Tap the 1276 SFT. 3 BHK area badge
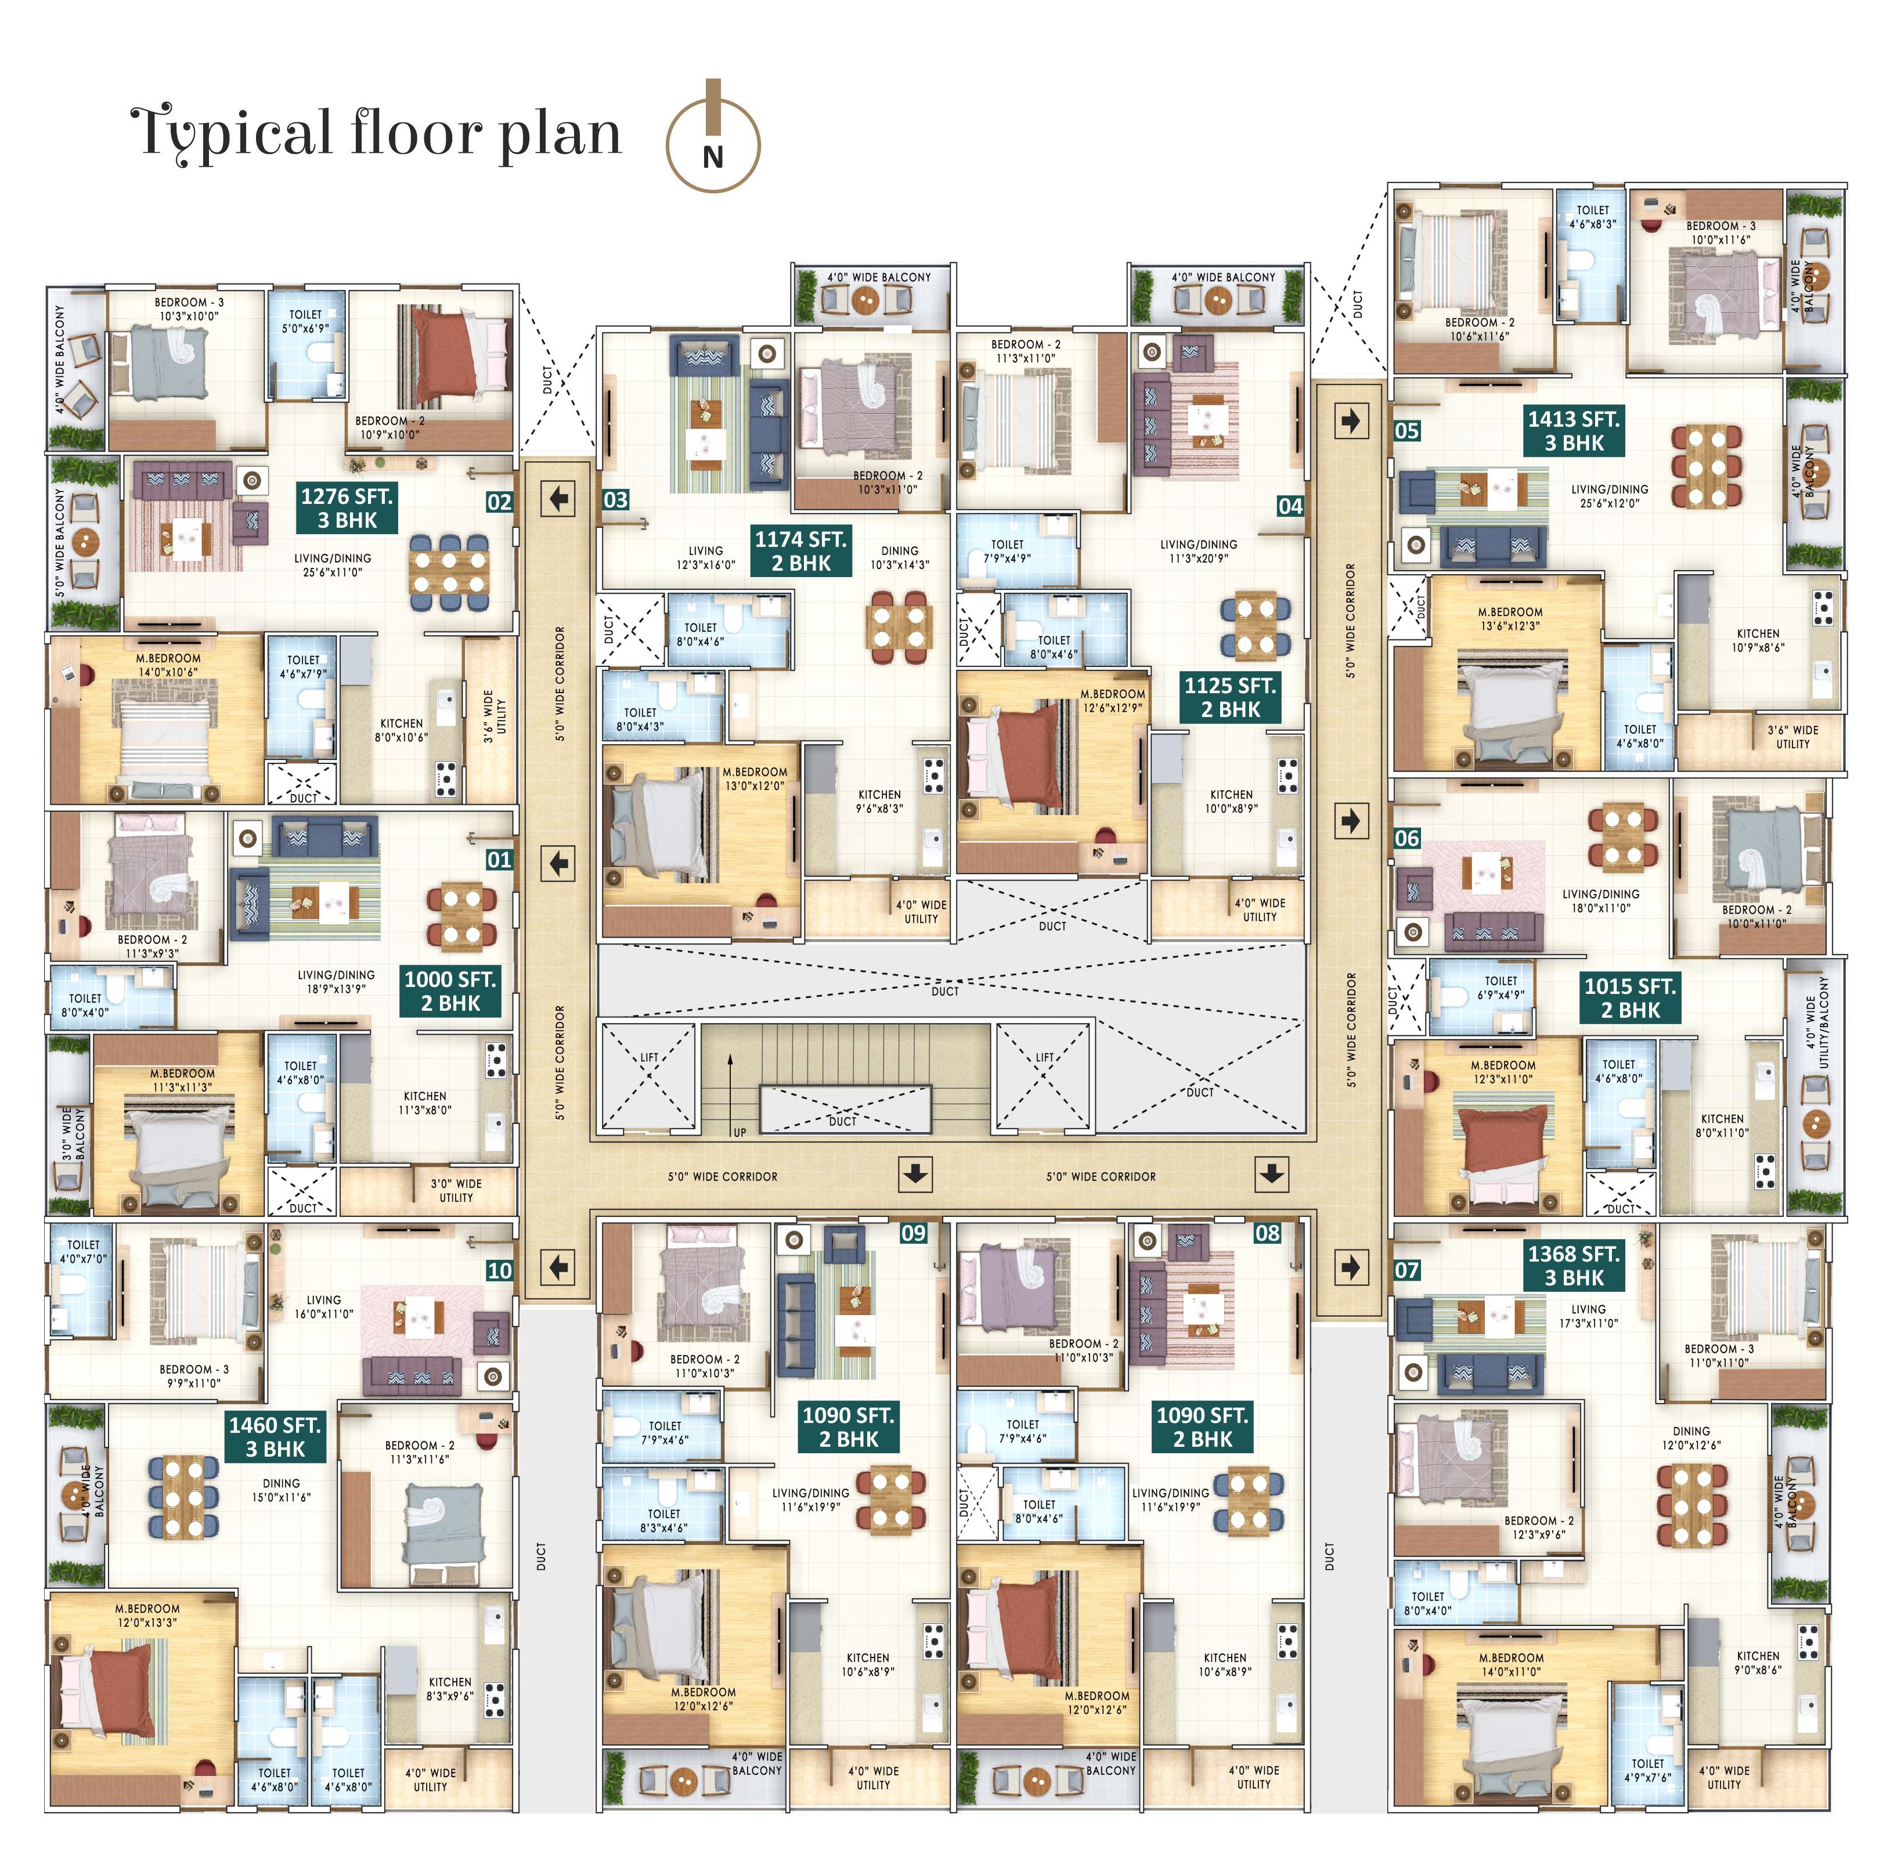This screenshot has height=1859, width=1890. coord(347,507)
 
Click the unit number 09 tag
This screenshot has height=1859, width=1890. coord(912,1233)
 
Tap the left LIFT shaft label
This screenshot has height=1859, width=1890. coord(649,1057)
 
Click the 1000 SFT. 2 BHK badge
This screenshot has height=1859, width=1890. coord(450,991)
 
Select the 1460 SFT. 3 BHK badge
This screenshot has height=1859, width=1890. coord(275,1437)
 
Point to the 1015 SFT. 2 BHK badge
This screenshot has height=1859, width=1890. coord(1629,998)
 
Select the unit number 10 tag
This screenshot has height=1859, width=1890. coord(499,1270)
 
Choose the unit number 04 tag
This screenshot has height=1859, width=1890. coord(1290,506)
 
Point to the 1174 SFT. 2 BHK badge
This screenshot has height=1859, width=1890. coord(800,550)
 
